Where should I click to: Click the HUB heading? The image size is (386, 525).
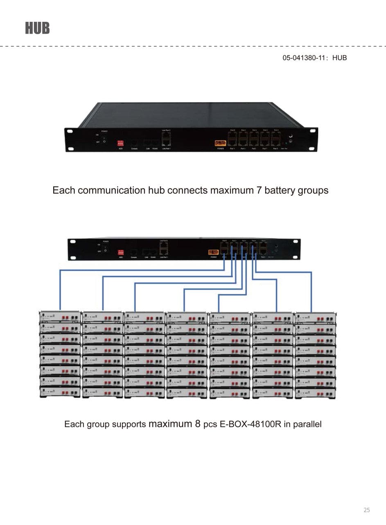[37, 28]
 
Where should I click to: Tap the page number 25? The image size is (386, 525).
[366, 510]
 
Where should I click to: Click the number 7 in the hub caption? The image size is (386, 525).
[259, 190]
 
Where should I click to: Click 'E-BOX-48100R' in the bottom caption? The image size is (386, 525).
[250, 424]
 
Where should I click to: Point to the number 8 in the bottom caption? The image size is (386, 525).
[197, 424]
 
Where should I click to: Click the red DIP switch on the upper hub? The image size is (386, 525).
[120, 143]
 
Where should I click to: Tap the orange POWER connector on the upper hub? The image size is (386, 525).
[220, 143]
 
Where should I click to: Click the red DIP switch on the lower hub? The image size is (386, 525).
[121, 252]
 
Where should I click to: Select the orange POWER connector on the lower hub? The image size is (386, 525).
[213, 252]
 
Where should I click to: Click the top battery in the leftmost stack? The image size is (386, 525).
[60, 317]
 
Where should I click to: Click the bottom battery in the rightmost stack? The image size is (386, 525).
[315, 393]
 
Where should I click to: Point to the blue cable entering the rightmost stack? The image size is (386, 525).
[311, 291]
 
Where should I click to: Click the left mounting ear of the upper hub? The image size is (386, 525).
[71, 139]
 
